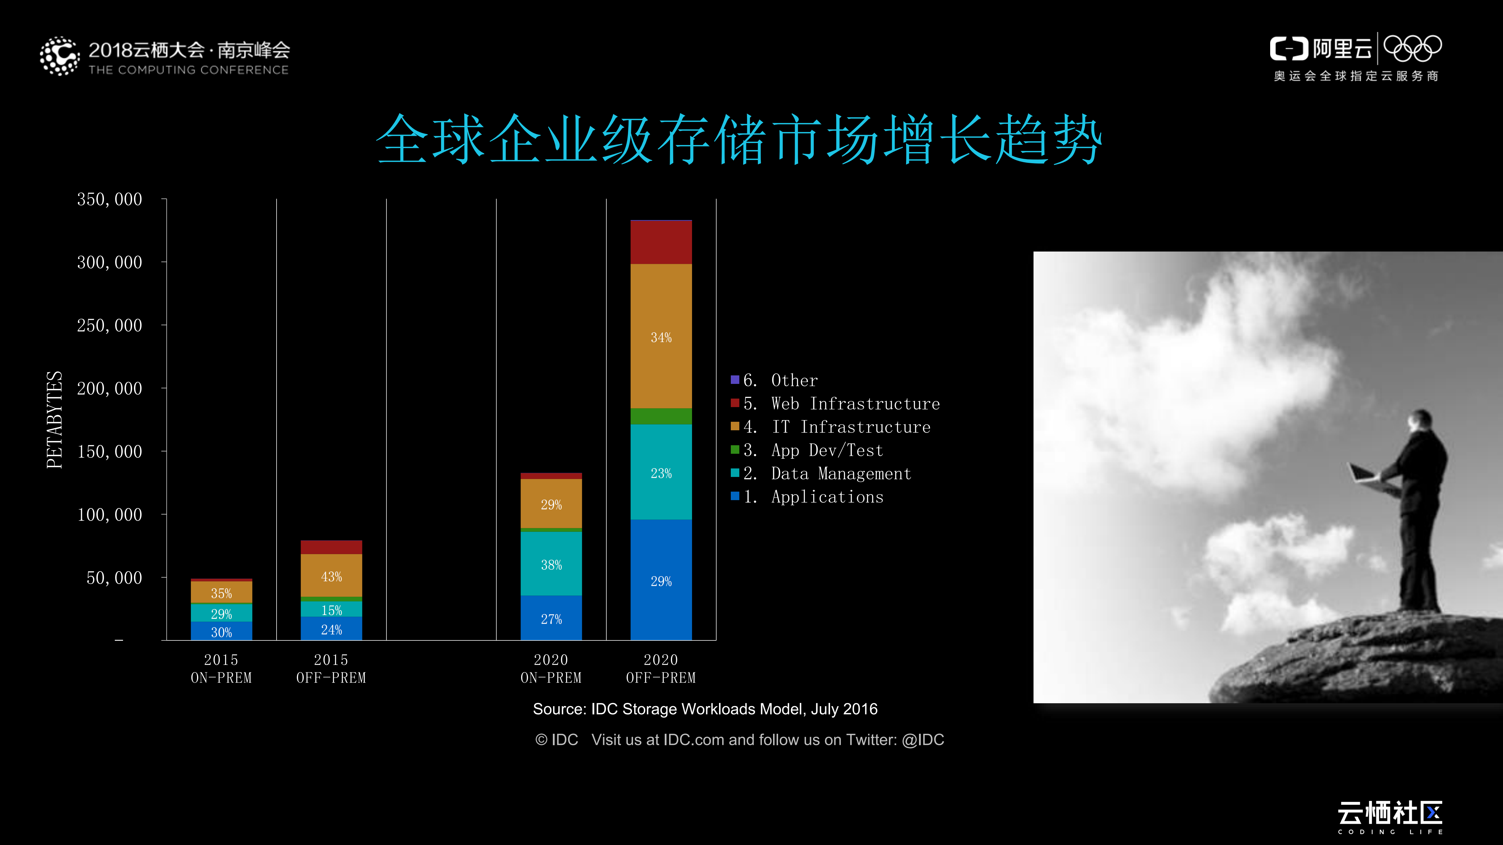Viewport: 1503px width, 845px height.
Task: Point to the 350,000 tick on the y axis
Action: click(x=110, y=200)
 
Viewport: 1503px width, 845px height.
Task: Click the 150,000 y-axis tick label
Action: click(x=110, y=451)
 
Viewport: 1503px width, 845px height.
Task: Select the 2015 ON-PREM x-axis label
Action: click(x=221, y=668)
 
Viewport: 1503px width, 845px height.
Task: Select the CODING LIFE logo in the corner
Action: click(x=1390, y=817)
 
